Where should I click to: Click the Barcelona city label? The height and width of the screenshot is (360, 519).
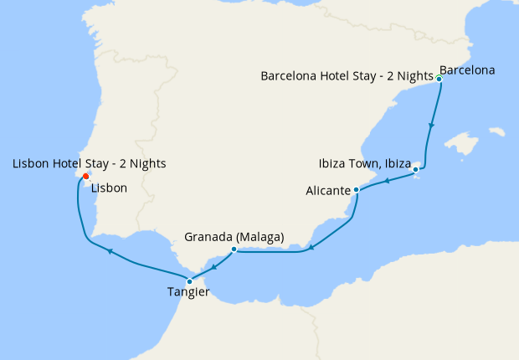pyautogui.click(x=467, y=70)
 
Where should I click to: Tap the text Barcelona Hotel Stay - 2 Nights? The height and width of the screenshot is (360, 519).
pyautogui.click(x=347, y=76)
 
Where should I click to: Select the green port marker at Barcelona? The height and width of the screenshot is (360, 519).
pyautogui.click(x=439, y=79)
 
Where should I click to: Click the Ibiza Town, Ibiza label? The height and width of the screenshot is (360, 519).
pyautogui.click(x=362, y=162)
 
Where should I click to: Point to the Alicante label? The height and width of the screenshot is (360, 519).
pyautogui.click(x=328, y=191)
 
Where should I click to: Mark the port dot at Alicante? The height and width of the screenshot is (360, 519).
pyautogui.click(x=357, y=190)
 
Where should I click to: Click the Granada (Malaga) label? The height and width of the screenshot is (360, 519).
pyautogui.click(x=234, y=237)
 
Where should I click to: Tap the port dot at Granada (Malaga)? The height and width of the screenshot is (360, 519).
pyautogui.click(x=234, y=249)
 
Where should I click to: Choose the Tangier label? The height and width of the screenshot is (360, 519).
pyautogui.click(x=188, y=292)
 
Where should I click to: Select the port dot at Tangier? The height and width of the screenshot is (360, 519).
pyautogui.click(x=190, y=281)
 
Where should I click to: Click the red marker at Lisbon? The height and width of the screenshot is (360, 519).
pyautogui.click(x=85, y=177)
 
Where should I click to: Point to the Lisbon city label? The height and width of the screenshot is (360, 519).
pyautogui.click(x=110, y=188)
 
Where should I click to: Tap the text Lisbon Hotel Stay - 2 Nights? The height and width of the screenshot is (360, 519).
pyautogui.click(x=89, y=163)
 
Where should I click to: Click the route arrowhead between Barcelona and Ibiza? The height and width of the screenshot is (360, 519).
pyautogui.click(x=431, y=126)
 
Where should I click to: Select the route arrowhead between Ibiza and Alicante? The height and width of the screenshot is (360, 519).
pyautogui.click(x=388, y=181)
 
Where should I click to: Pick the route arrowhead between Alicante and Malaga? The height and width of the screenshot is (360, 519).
pyautogui.click(x=311, y=246)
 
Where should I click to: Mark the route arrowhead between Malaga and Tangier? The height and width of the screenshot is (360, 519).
pyautogui.click(x=213, y=267)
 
